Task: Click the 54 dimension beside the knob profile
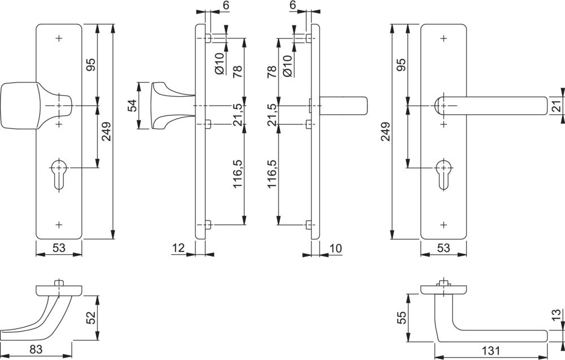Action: point(132,106)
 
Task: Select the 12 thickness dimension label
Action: point(178,247)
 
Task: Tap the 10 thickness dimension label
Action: point(336,247)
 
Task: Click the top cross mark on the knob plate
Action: point(59,38)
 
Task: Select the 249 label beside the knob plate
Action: point(106,132)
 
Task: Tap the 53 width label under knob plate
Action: point(59,247)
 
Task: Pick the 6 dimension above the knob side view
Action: point(210,6)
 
